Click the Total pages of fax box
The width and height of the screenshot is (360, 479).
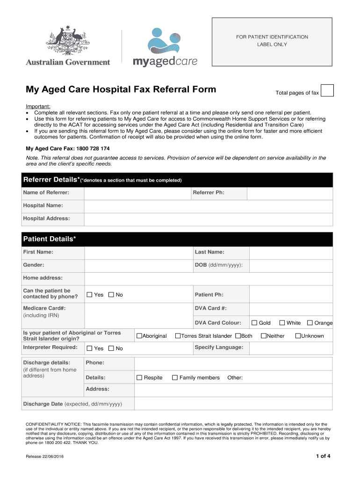click(327, 90)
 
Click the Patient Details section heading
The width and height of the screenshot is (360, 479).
click(50, 239)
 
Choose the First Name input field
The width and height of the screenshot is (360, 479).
click(138, 253)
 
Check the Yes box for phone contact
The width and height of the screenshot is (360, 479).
click(90, 295)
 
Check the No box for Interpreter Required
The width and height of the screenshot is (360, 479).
click(111, 348)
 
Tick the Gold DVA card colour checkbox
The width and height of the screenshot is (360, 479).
click(254, 323)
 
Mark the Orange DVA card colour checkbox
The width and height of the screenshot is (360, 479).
click(310, 323)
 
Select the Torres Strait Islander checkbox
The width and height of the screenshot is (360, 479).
click(178, 336)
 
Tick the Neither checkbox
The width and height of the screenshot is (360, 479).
click(264, 336)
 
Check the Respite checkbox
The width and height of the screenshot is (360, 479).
click(139, 377)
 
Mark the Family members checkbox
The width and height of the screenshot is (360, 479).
click(175, 377)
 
